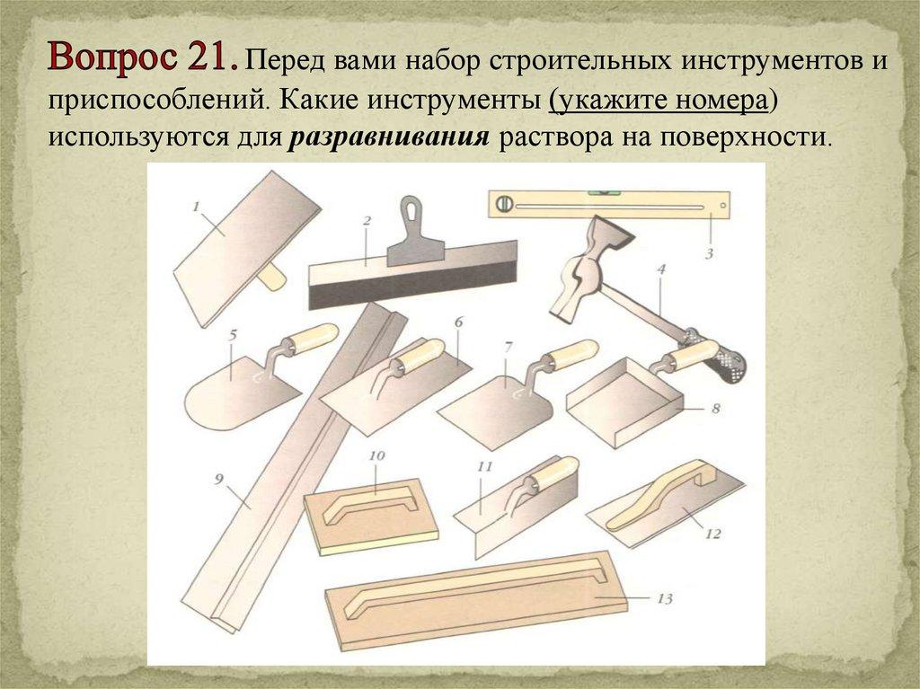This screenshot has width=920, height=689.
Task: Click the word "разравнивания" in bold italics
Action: (x=390, y=137)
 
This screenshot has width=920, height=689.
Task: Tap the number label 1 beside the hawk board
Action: (x=196, y=206)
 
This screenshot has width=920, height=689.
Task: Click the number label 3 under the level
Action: (x=709, y=253)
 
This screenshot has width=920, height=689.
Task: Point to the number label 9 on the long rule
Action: (x=219, y=480)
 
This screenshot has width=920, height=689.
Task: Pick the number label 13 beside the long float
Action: (x=664, y=598)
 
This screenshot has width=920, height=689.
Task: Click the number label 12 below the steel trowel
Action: (x=712, y=534)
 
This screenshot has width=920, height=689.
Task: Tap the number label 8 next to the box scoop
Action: (x=715, y=408)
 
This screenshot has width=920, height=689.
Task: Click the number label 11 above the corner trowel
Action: (x=484, y=466)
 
